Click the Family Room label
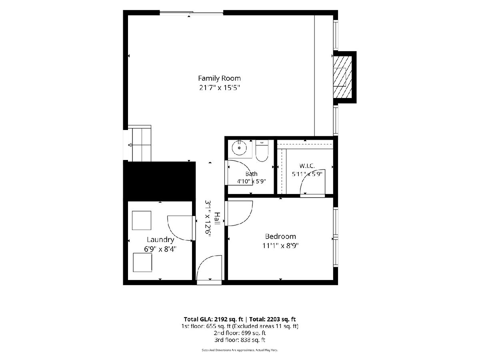[219, 78]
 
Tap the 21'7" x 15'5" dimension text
[219, 88]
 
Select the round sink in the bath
[239, 148]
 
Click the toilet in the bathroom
[262, 151]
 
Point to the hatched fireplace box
[342, 77]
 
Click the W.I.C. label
[307, 166]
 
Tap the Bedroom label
[280, 236]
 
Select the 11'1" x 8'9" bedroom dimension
[280, 246]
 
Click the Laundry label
[160, 240]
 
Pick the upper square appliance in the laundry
[142, 220]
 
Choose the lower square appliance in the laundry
[142, 262]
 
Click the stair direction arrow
[130, 145]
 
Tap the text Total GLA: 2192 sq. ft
[213, 319]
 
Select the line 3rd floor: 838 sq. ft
[240, 340]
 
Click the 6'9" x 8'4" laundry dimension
[160, 249]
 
